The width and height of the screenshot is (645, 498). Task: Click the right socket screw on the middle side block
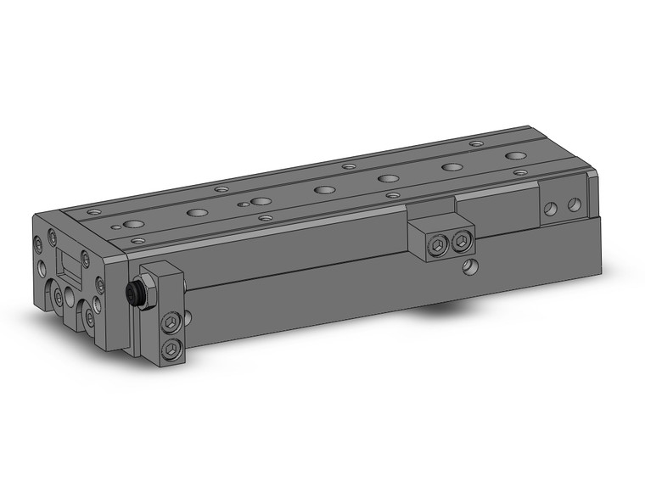(461, 241)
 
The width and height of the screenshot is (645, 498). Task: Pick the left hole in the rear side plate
(552, 207)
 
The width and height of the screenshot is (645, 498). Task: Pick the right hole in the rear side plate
(575, 204)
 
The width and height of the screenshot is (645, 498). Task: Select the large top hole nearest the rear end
(514, 156)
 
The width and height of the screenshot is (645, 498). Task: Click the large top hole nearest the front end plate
(133, 225)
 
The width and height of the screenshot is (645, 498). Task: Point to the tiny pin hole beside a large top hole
(242, 205)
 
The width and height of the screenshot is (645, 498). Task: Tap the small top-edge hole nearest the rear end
(475, 145)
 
